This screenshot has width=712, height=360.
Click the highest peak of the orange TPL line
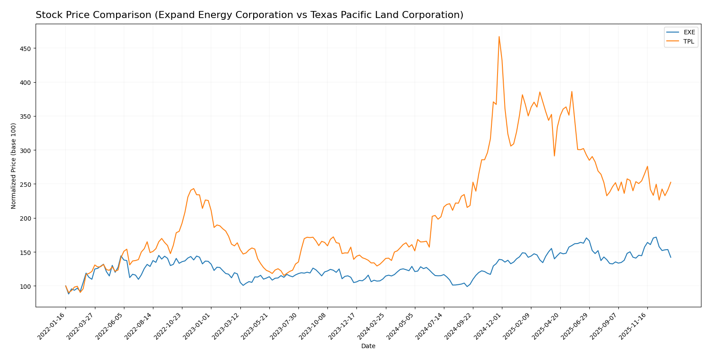click(x=499, y=36)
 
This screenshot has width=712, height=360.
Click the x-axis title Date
click(x=368, y=346)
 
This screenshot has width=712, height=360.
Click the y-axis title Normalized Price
click(x=14, y=166)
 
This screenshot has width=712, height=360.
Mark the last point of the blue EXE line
click(x=671, y=257)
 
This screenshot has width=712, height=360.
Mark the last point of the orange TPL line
click(x=671, y=182)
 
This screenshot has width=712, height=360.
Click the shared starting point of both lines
click(x=65, y=286)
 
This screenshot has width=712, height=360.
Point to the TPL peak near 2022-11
click(x=193, y=189)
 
